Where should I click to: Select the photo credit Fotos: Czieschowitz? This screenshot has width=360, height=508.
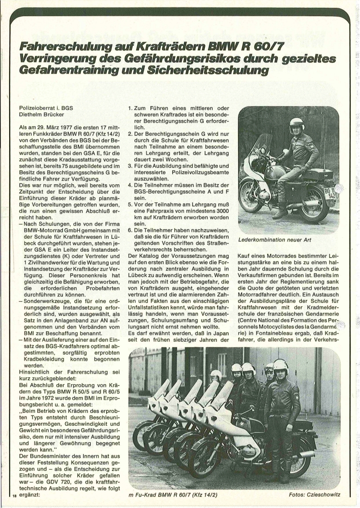(x=314, y=495)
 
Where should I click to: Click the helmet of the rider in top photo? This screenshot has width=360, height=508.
(x=296, y=124)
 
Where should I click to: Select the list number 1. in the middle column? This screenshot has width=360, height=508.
(x=130, y=108)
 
